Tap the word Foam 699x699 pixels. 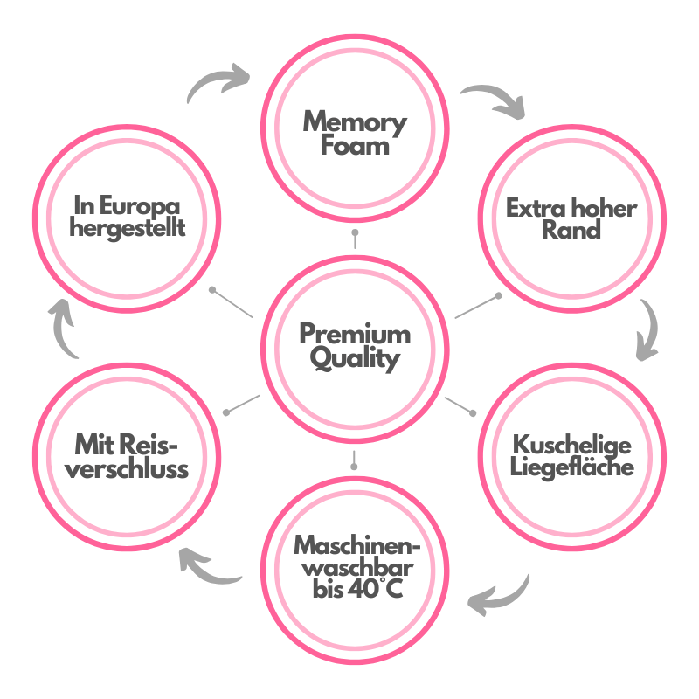click(x=355, y=146)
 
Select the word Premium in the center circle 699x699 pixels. click(x=355, y=334)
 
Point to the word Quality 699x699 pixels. click(x=355, y=359)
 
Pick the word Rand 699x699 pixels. click(x=571, y=230)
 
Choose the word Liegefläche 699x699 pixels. click(x=572, y=467)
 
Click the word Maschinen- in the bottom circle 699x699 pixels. click(x=357, y=545)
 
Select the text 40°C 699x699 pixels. click(x=375, y=589)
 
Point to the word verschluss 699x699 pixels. click(x=127, y=469)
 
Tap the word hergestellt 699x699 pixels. click(x=127, y=228)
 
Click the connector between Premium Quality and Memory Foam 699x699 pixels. click(x=355, y=239)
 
